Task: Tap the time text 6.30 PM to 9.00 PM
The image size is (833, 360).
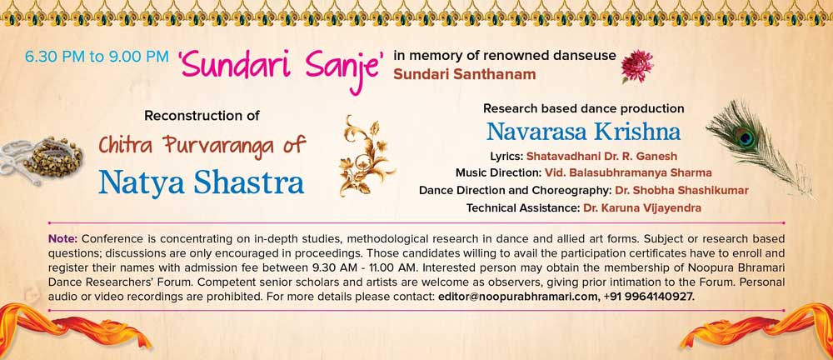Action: pos(97,57)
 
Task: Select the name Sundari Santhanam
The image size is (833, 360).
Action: pos(464,75)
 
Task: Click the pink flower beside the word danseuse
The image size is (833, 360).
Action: pos(637,66)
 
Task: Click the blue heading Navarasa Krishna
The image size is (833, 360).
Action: pos(583,132)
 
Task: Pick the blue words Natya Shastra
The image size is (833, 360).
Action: pos(202,182)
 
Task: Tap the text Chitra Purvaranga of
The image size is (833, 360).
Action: pos(202,145)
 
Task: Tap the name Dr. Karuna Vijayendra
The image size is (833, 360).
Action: pos(641,208)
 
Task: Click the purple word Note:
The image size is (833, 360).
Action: pos(63,237)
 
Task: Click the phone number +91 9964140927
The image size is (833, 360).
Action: pos(649,296)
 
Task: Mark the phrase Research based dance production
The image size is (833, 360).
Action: pos(583,109)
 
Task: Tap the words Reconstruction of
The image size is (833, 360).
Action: pos(202,115)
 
